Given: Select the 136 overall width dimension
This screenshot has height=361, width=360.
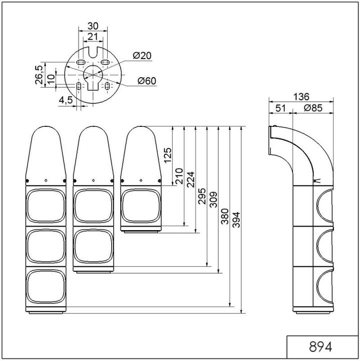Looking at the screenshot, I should pos(301,97).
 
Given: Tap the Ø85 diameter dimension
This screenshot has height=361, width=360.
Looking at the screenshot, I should pos(313,108).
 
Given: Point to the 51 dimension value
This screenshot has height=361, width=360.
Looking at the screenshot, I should pos(280,108).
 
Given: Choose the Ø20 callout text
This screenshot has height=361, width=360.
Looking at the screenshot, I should pos(143,56).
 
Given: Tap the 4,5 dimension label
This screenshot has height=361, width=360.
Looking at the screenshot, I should pos(66,99).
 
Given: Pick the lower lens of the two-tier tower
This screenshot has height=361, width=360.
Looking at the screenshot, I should pos(93,248).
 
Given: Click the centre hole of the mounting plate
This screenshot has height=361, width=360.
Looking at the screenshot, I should pos(92,74).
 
